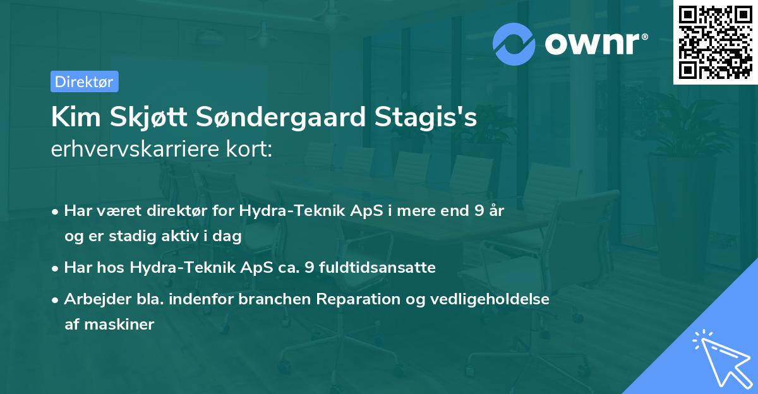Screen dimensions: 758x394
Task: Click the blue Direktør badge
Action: click(x=85, y=81)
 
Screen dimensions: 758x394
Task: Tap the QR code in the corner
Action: click(x=715, y=42)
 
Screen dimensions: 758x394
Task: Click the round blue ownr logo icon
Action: click(x=514, y=44)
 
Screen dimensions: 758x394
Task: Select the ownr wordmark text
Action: click(x=596, y=44)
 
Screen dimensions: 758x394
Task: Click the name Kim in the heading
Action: click(x=76, y=117)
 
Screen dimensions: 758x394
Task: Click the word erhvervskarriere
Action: click(x=135, y=149)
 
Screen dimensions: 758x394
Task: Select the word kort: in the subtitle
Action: click(x=249, y=149)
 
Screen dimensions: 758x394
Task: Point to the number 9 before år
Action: click(x=479, y=211)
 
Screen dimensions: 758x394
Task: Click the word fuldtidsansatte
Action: click(x=377, y=268)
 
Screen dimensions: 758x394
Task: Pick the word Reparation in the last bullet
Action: click(x=358, y=299)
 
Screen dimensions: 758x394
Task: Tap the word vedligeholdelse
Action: click(x=490, y=299)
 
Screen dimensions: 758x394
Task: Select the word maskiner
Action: click(x=119, y=325)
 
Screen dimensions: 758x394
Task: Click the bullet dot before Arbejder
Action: click(x=55, y=300)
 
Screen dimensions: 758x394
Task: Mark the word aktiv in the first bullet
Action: click(x=180, y=236)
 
